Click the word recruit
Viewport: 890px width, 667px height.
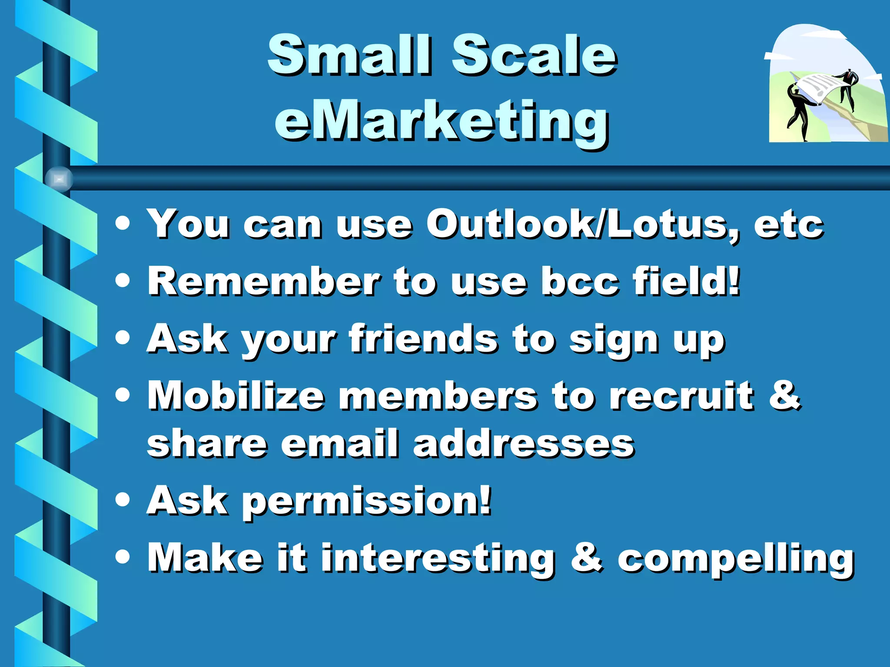pyautogui.click(x=681, y=396)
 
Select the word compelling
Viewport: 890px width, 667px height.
pyautogui.click(x=736, y=559)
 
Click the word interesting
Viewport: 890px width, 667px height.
pyautogui.click(x=438, y=559)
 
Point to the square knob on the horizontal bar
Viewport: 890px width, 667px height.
pyautogui.click(x=59, y=178)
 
